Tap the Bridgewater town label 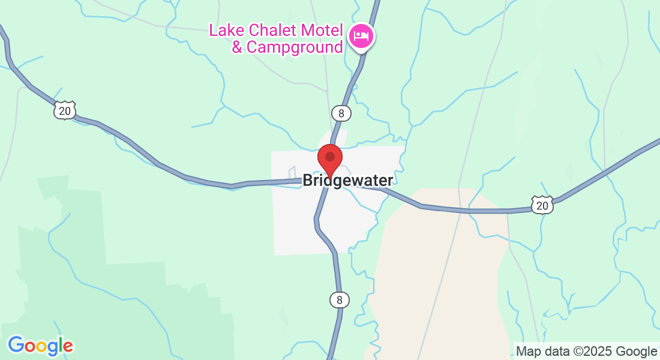tap(348, 180)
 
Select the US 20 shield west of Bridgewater tap(64, 110)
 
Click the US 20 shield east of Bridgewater tap(542, 206)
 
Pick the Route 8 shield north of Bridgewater tap(341, 112)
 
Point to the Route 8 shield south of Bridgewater tap(340, 299)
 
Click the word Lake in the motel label tap(224, 31)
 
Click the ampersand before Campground tap(237, 47)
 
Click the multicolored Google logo tap(40, 345)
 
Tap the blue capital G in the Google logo tap(16, 344)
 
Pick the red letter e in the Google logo tap(67, 346)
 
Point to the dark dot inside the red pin tap(329, 157)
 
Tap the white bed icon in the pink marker tap(361, 36)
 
